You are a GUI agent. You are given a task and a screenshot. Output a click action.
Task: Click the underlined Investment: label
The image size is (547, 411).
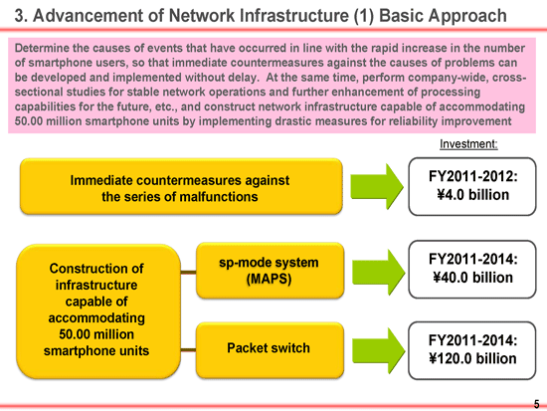[x=468, y=144]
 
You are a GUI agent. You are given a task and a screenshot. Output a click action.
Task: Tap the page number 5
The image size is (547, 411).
[x=536, y=404]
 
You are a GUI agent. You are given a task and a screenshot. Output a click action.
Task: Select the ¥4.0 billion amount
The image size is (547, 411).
[x=472, y=194]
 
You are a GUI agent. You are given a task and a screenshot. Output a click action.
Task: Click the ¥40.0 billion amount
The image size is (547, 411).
[x=472, y=278]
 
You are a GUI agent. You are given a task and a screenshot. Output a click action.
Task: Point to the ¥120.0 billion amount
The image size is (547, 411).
[x=472, y=358]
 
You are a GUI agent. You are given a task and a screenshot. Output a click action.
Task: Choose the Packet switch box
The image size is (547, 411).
[x=270, y=350]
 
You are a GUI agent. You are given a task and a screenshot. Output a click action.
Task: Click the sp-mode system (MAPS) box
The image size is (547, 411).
[x=270, y=271]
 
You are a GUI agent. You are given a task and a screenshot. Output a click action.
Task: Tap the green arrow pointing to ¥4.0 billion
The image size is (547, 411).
[x=377, y=186]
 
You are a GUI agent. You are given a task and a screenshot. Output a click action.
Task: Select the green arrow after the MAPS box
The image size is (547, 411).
[x=378, y=272]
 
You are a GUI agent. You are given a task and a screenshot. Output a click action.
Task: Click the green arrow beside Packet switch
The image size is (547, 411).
[x=378, y=350]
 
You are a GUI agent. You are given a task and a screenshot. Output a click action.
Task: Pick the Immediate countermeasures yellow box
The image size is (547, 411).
[x=181, y=186]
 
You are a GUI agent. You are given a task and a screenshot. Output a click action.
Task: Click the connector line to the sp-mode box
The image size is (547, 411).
[x=188, y=273]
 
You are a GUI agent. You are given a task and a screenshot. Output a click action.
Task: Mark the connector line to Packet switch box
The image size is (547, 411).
[x=188, y=350]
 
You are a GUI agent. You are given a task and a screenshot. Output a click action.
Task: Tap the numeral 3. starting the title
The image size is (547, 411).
[x=21, y=16]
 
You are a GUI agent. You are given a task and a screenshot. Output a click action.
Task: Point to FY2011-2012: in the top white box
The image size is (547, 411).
[x=472, y=176]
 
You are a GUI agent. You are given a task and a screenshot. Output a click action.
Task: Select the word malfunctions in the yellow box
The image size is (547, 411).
[x=218, y=197]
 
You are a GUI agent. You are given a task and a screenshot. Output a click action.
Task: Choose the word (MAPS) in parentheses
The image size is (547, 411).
[x=269, y=279]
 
